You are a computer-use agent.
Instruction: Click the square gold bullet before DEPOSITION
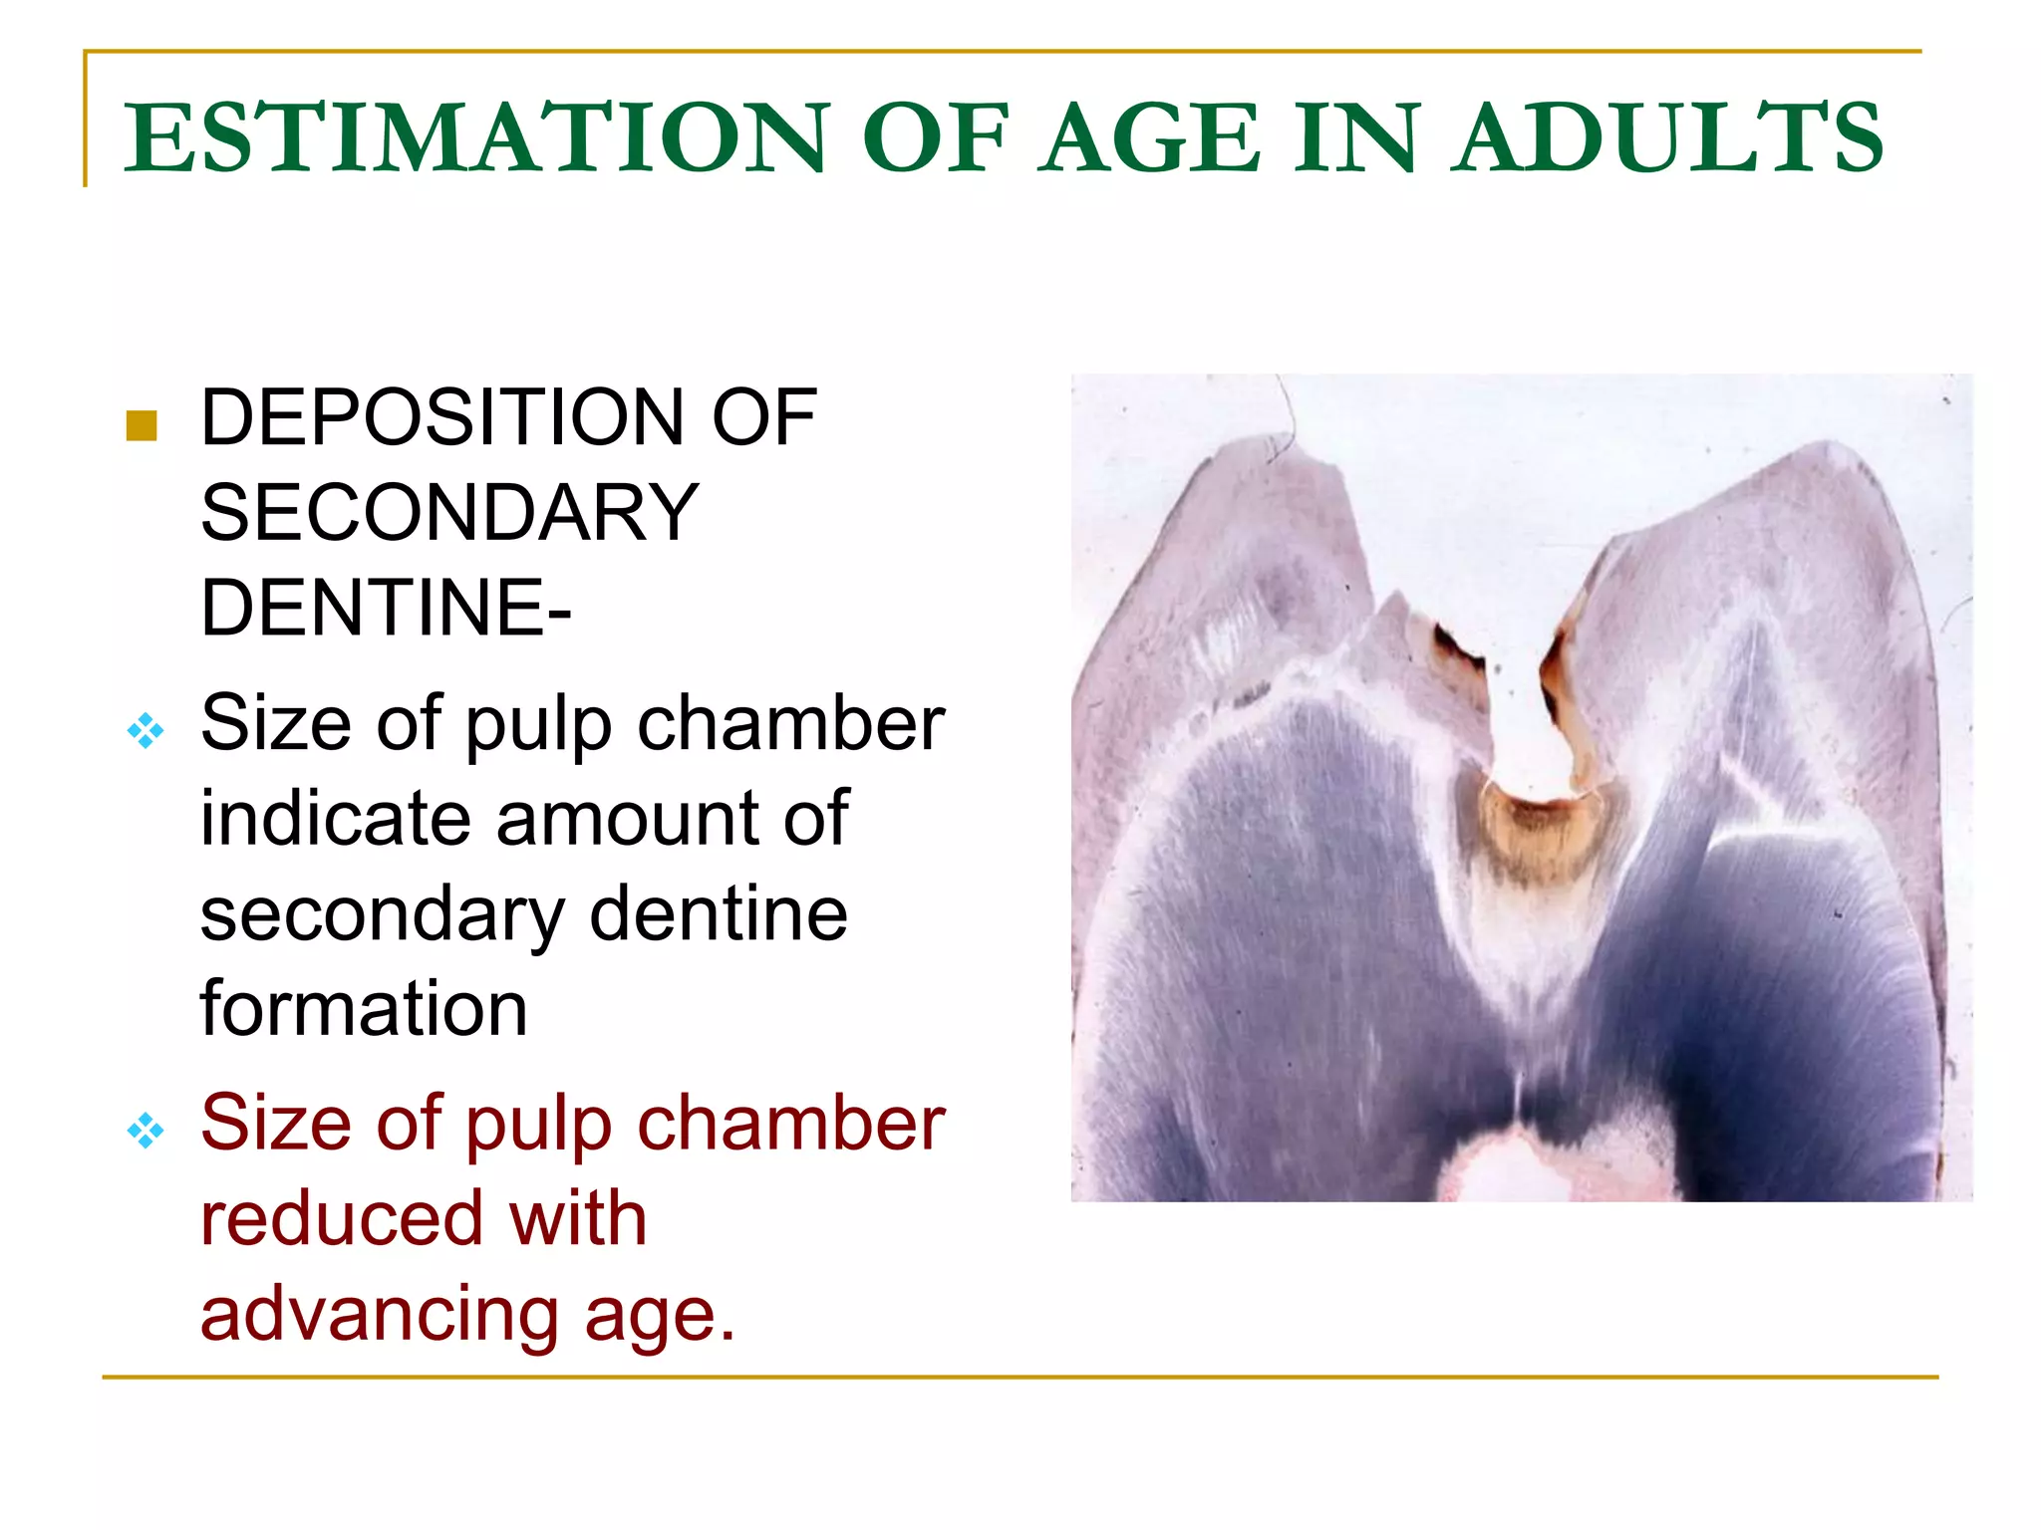point(143,425)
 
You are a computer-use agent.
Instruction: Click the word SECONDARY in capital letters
point(449,513)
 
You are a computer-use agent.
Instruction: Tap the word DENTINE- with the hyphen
point(386,608)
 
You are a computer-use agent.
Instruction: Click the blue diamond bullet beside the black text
point(146,731)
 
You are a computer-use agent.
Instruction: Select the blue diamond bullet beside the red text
point(146,1131)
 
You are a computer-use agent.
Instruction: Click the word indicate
point(333,819)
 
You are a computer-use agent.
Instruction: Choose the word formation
point(364,1009)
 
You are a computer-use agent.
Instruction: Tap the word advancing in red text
point(380,1315)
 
